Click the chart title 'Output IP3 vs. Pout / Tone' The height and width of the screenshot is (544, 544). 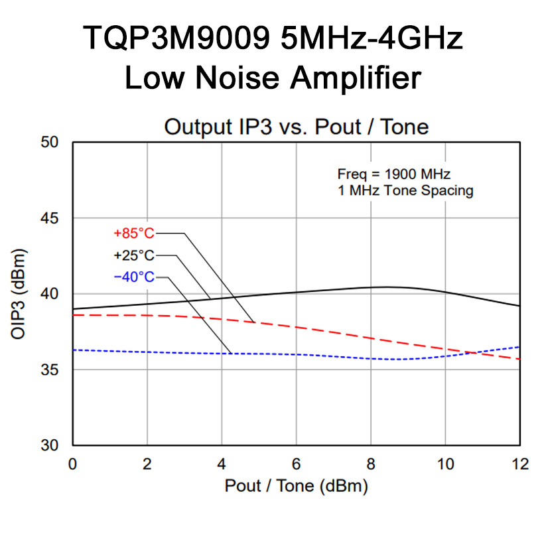296,127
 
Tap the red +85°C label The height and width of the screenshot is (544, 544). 133,234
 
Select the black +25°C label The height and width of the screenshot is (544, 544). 133,255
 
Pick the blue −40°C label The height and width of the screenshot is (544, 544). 133,277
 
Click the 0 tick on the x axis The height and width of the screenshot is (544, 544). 73,463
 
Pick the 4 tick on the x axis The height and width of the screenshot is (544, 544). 222,463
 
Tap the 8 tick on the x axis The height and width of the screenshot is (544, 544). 371,463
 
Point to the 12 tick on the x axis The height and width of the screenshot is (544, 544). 519,463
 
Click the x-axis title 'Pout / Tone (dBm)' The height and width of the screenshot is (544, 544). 296,486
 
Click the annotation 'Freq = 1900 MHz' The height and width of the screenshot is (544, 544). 394,175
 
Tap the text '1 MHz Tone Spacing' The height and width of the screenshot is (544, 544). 405,191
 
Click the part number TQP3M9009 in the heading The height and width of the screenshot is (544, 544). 177,38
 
